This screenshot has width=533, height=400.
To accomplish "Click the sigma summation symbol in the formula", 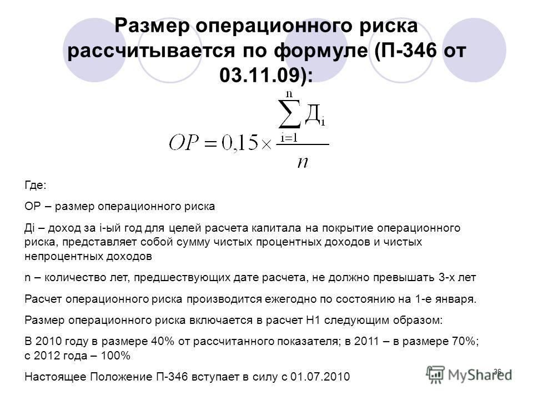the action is point(290,113).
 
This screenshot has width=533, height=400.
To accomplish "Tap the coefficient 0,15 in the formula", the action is point(240,143).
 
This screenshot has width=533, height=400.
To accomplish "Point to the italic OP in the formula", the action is point(184,143).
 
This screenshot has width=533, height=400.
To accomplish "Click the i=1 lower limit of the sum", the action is point(289,138).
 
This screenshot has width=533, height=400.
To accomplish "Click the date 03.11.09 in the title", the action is point(260,75).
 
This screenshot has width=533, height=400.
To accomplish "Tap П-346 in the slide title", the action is point(409,50).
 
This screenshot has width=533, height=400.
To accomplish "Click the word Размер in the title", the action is point(152,26).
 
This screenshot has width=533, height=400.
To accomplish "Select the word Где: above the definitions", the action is point(36,186).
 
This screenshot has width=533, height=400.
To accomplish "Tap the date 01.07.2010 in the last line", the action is point(320,377).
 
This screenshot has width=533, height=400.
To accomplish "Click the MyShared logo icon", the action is point(435,375).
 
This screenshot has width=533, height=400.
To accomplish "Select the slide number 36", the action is point(497,372).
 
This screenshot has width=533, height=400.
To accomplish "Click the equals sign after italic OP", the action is point(210,144).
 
